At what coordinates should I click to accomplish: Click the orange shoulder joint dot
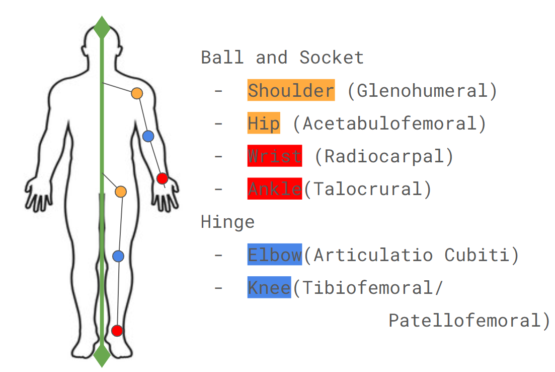click(137, 93)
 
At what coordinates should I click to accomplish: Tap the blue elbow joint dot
click(148, 136)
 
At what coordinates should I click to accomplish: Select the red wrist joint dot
click(162, 178)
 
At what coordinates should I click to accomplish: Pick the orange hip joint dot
click(121, 192)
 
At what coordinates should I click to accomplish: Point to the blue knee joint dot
click(118, 256)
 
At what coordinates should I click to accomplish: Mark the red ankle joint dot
click(117, 331)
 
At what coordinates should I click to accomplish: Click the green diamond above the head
click(102, 27)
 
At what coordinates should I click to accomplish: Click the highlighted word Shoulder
click(291, 91)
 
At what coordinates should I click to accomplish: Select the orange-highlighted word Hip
click(264, 123)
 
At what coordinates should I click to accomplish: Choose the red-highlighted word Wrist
click(274, 156)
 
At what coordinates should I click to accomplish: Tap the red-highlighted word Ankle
click(274, 189)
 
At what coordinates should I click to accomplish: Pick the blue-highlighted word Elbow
click(274, 255)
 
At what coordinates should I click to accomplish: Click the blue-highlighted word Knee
click(269, 288)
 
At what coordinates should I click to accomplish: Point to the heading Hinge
click(227, 222)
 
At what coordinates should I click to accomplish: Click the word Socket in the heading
click(332, 57)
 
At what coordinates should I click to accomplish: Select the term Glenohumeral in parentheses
click(422, 91)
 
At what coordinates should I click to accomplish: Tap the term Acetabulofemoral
click(389, 123)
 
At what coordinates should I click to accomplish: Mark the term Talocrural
click(367, 189)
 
